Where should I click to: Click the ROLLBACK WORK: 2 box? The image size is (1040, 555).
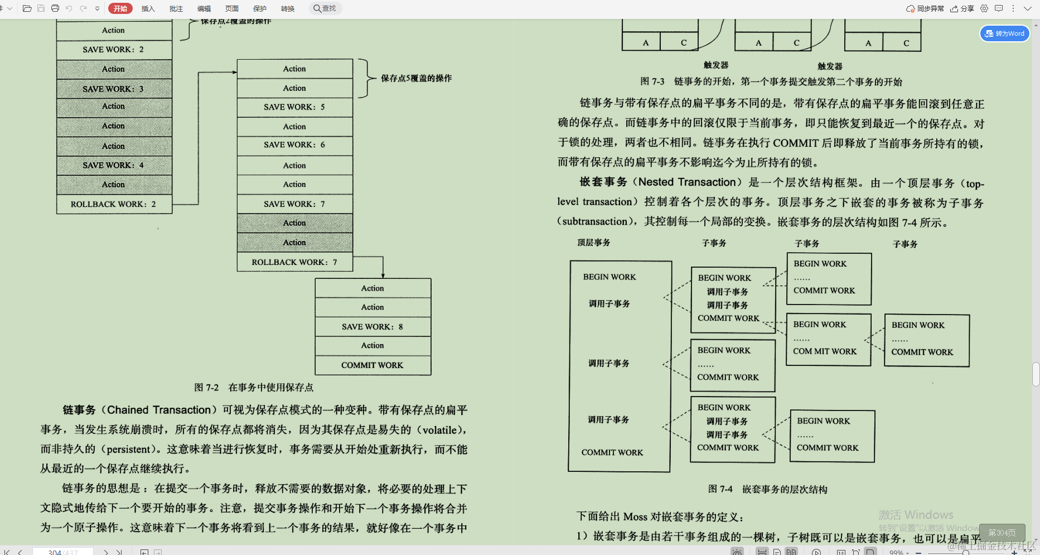click(114, 204)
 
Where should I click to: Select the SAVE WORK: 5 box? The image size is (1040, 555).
click(294, 107)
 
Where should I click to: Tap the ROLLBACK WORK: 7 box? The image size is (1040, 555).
click(294, 262)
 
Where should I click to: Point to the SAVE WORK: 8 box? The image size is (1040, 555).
click(373, 327)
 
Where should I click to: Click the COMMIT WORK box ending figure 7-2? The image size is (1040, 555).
click(373, 365)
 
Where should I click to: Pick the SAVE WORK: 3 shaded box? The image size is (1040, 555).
click(114, 89)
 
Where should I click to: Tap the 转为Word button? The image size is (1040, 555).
click(1005, 33)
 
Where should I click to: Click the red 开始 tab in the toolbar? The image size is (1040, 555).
click(120, 8)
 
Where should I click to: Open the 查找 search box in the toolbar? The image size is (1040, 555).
click(325, 8)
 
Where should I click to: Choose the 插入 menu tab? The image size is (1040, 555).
click(148, 8)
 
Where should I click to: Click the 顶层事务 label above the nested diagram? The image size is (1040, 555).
click(593, 243)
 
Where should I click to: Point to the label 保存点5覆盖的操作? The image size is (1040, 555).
click(416, 78)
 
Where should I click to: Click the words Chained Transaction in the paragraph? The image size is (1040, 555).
click(159, 410)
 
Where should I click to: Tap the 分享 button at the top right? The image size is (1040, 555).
click(962, 8)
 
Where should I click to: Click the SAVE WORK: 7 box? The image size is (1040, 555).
click(294, 204)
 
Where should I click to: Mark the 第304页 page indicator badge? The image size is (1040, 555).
click(1002, 533)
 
